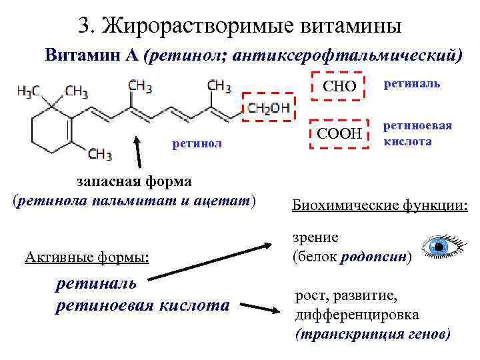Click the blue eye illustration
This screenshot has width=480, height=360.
click(443, 247)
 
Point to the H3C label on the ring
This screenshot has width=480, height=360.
click(27, 90)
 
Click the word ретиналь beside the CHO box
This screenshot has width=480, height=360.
click(410, 85)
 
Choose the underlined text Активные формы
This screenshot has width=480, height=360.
click(86, 257)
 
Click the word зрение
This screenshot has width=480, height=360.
click(315, 237)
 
